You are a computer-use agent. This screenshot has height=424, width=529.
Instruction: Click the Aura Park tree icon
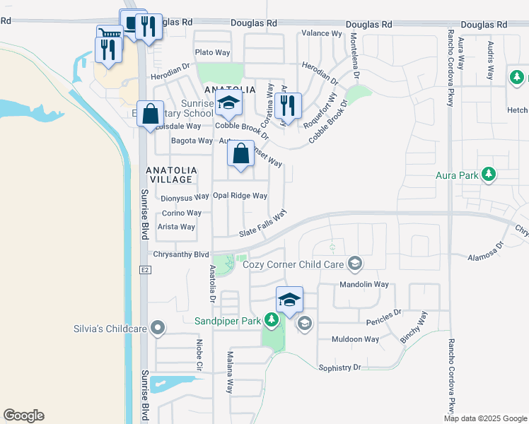click(488, 173)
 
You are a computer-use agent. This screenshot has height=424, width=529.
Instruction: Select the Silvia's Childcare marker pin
click(158, 328)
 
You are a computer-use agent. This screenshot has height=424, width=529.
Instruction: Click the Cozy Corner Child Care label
click(293, 264)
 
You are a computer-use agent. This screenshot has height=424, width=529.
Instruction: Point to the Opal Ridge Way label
click(240, 196)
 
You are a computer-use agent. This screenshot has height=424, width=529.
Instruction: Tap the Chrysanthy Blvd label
click(182, 254)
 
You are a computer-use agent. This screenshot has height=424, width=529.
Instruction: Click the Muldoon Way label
click(356, 339)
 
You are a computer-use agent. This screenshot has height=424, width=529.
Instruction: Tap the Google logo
click(23, 416)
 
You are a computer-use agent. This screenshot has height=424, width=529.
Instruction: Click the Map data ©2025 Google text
click(485, 418)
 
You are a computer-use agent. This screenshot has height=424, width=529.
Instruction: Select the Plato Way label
click(212, 52)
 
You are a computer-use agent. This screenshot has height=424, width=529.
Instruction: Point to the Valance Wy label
click(322, 33)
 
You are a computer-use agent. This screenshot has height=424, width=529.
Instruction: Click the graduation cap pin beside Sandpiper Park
click(289, 300)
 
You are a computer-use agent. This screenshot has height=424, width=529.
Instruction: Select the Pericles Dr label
click(384, 312)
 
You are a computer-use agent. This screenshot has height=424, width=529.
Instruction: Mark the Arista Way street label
click(176, 227)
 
